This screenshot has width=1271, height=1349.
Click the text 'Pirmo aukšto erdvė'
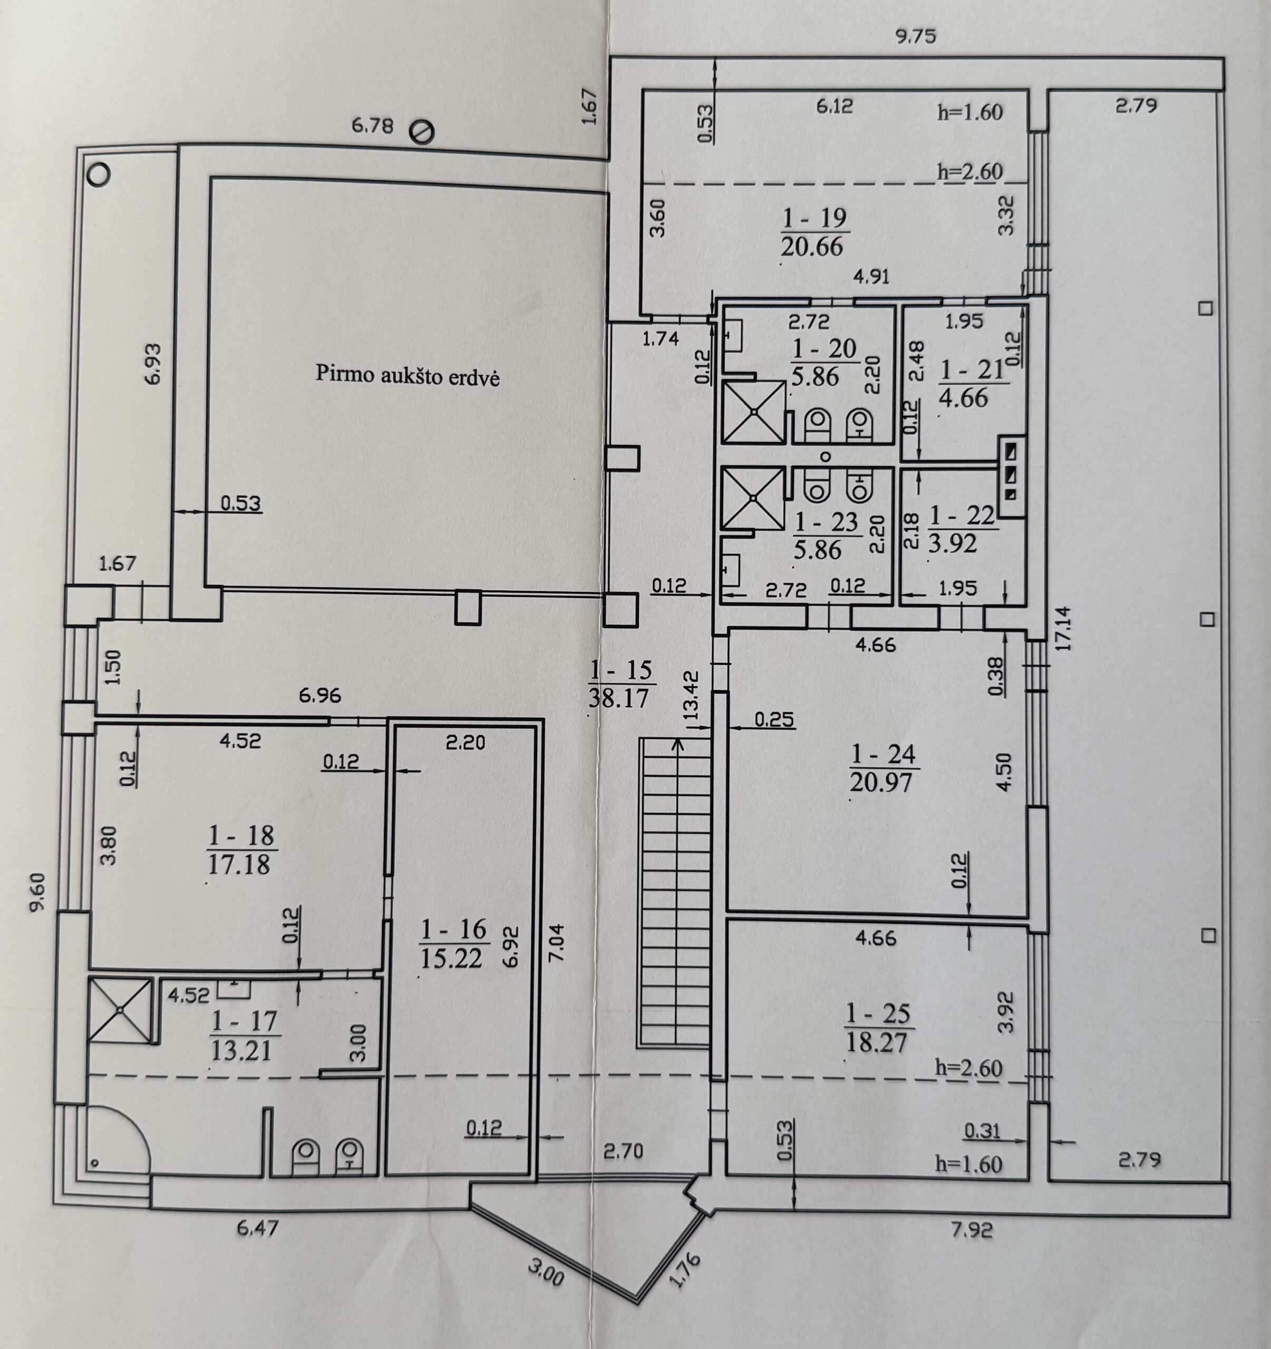point(408,375)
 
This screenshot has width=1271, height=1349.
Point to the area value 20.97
point(881,781)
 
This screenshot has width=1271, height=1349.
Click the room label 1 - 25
point(877,1014)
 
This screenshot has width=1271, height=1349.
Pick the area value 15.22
point(451,957)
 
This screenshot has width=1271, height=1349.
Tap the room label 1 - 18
point(242,835)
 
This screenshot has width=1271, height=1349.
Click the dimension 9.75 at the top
point(915,36)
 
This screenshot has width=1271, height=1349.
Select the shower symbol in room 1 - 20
point(754,412)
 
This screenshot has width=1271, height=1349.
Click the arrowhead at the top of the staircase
point(677,744)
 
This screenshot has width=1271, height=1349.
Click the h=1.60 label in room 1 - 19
point(969,112)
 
